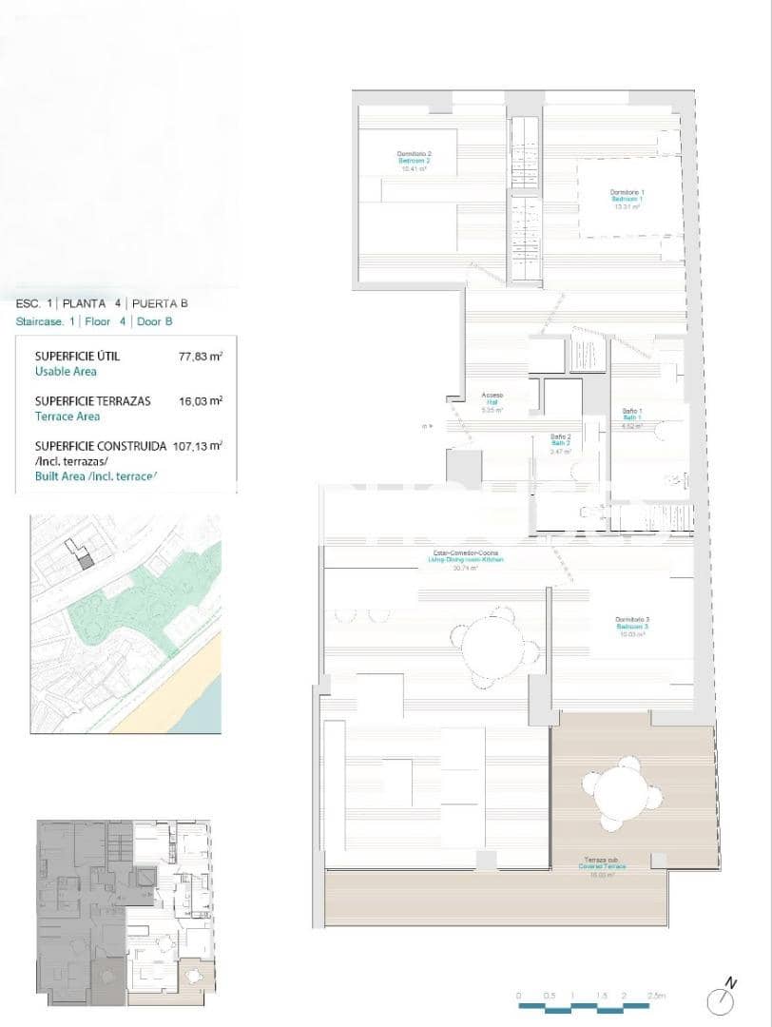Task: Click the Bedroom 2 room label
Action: [x=415, y=161]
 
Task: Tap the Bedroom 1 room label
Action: [x=627, y=199]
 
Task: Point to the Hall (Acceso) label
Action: [x=492, y=402]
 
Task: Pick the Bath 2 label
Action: [x=561, y=444]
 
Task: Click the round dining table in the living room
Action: [x=499, y=646]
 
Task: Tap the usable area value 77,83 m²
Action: [x=200, y=357]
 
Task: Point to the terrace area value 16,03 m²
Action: [x=200, y=401]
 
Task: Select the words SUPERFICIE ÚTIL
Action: [x=77, y=357]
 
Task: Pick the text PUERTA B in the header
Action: [x=160, y=304]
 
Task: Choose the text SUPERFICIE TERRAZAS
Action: [x=91, y=401]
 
